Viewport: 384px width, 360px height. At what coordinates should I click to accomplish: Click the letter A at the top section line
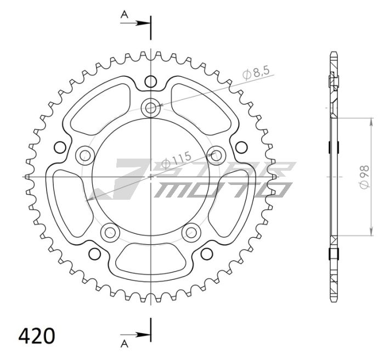point(125,16)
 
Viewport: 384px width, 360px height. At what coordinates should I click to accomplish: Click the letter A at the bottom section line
point(125,344)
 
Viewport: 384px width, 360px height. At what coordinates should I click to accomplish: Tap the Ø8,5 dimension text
point(254,72)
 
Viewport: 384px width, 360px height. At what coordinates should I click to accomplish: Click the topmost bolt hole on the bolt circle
point(150,107)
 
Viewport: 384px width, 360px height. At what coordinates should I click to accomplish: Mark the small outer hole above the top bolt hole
point(150,82)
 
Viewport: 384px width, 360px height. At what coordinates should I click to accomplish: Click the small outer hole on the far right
point(240,147)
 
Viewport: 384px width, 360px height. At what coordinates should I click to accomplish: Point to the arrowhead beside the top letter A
point(144,23)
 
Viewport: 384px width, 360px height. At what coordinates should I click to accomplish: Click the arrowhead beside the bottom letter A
point(144,334)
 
